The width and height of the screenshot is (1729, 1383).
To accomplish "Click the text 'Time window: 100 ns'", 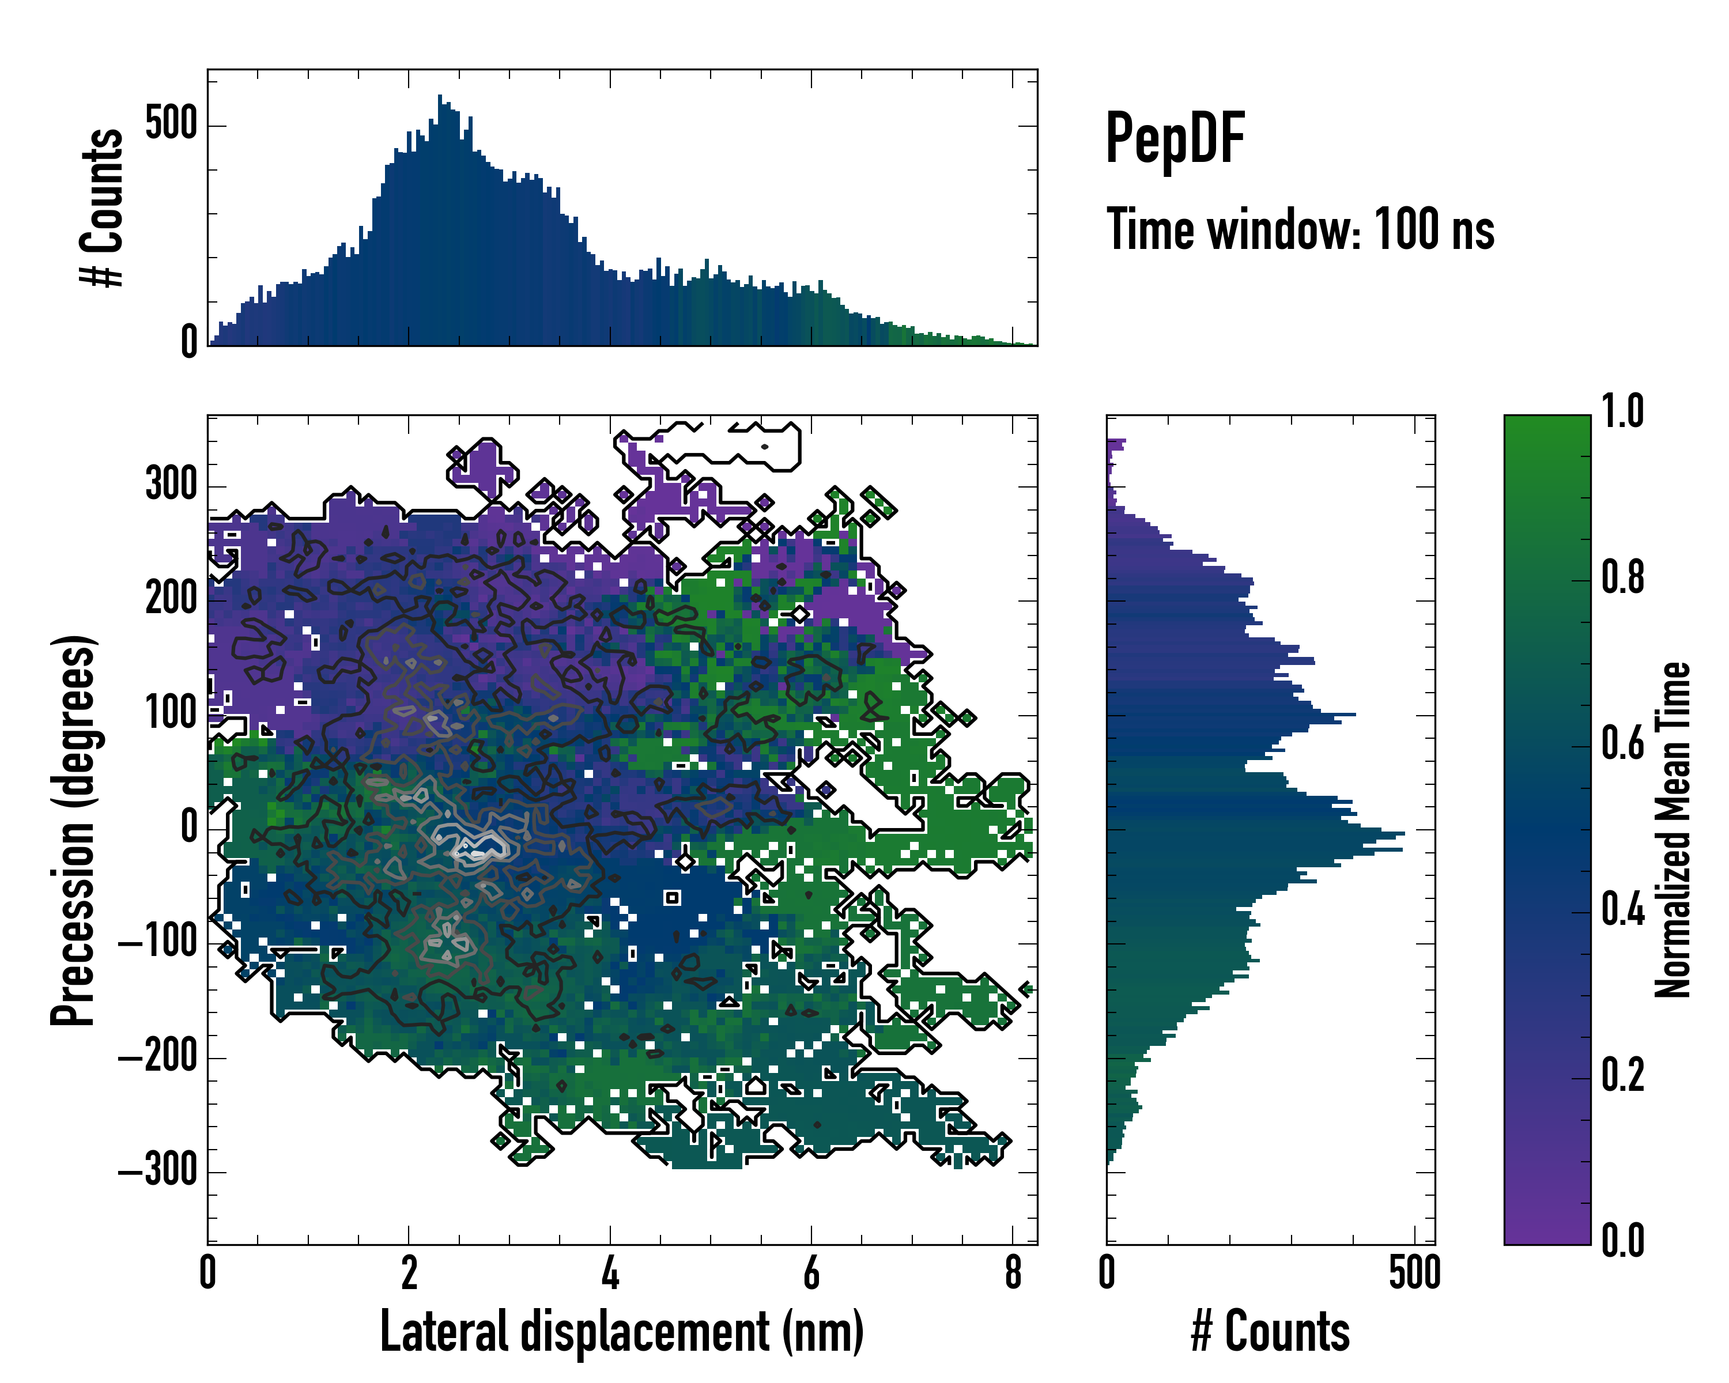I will point(1300,229).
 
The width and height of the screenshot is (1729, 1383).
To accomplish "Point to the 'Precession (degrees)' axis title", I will point(73,830).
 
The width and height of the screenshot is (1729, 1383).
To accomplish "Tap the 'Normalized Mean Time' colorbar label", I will point(1673,830).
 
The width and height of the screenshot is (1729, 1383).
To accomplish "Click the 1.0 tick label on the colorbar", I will point(1623,412).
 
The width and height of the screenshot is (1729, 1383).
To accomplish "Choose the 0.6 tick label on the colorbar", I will point(1623,744).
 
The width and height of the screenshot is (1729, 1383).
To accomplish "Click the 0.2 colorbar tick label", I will point(1623,1075).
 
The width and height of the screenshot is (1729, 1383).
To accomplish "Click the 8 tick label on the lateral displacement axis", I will point(1013,1273).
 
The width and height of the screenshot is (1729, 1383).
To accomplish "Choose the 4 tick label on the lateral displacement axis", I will point(610,1273).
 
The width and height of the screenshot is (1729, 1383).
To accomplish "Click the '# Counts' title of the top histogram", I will point(102,207).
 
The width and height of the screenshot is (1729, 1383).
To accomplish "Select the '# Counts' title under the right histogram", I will point(1270,1332).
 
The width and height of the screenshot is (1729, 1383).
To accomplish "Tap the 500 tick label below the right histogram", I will point(1415,1273).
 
